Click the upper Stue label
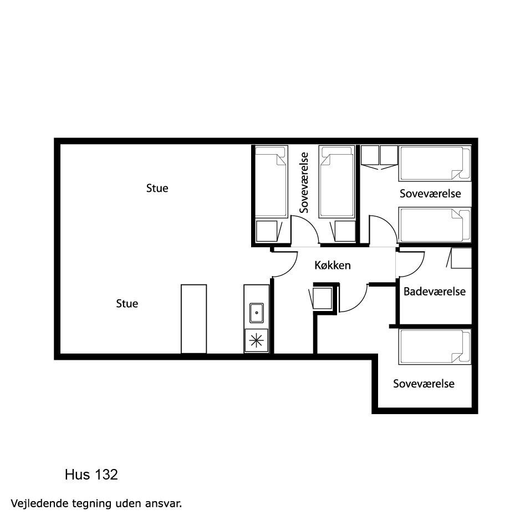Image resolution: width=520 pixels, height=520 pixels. pos(157,188)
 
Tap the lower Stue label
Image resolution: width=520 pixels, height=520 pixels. pos(127,303)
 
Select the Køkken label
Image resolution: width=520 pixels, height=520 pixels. pos(333,266)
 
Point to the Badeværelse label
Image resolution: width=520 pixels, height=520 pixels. pos(435,292)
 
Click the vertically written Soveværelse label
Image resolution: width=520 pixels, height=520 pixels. pos(304,182)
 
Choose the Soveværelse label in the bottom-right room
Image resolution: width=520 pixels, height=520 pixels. pos(424,384)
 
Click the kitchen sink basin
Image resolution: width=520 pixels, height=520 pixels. pos(257,313)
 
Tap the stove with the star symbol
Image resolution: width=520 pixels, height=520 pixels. pos(256,340)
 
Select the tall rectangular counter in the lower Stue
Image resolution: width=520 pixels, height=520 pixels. pos(193,319)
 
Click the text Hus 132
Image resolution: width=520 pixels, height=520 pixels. pos(91,475)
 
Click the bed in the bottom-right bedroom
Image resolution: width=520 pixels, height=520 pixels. pos(435,346)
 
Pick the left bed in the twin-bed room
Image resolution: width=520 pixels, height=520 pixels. pos(271,181)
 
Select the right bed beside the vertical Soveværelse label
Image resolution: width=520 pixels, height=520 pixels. pos(337,181)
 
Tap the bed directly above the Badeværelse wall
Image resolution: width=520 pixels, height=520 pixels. pos(435,225)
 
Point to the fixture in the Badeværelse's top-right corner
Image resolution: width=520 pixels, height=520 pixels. pos(460,258)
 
